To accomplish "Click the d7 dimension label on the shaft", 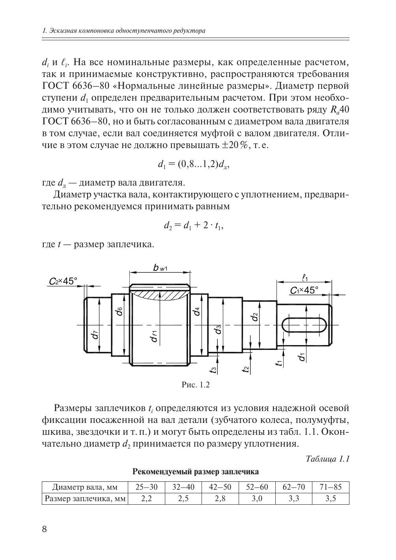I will [x=95, y=334].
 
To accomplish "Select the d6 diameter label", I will [x=119, y=311].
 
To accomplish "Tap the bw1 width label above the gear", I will [x=161, y=268].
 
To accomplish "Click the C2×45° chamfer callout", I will [x=63, y=281].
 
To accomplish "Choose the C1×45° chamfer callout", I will [x=304, y=291].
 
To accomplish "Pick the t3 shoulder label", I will [x=213, y=369].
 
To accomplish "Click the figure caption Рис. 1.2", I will [x=195, y=385].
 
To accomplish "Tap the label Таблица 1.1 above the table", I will [x=327, y=459].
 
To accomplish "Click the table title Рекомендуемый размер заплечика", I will [x=195, y=472].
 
